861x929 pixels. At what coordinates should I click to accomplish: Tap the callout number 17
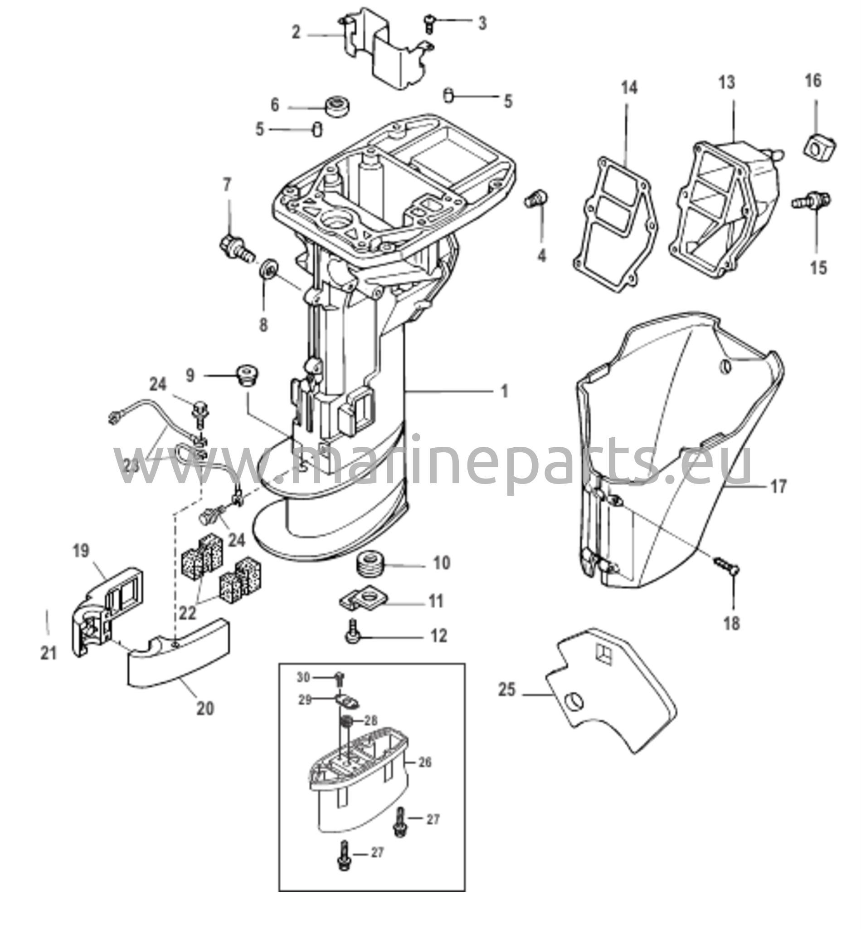tap(778, 486)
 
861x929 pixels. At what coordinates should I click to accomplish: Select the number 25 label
tap(507, 690)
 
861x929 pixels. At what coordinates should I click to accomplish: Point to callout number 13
tap(727, 83)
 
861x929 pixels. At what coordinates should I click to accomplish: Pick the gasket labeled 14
tap(616, 225)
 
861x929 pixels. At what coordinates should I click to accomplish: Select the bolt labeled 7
tap(237, 248)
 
